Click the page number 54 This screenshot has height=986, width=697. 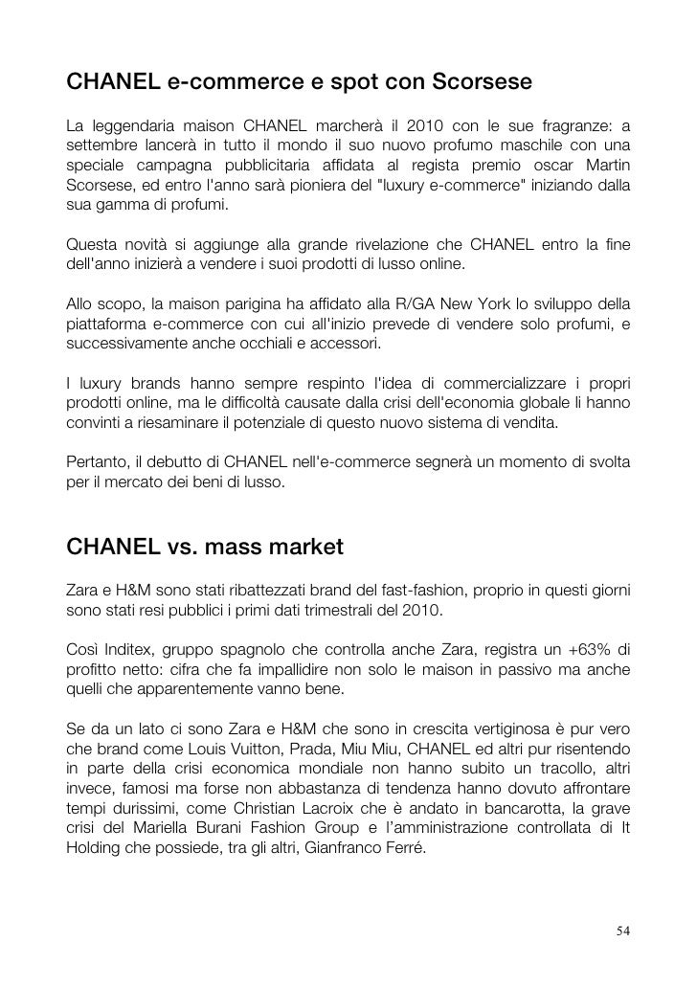623,931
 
